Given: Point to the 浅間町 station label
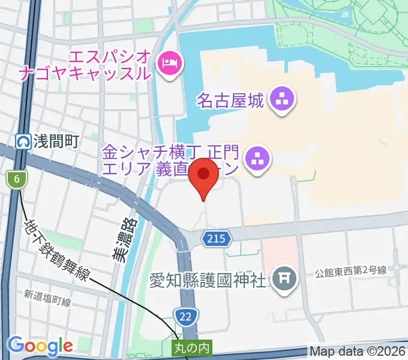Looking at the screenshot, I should coord(56,142).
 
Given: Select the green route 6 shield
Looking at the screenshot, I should coord(17,178).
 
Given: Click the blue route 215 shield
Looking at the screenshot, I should coord(216,238).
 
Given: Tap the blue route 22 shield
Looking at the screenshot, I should coord(185,315).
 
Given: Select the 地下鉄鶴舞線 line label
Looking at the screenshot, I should coord(58,251).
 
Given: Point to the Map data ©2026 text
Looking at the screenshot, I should coord(358,351).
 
